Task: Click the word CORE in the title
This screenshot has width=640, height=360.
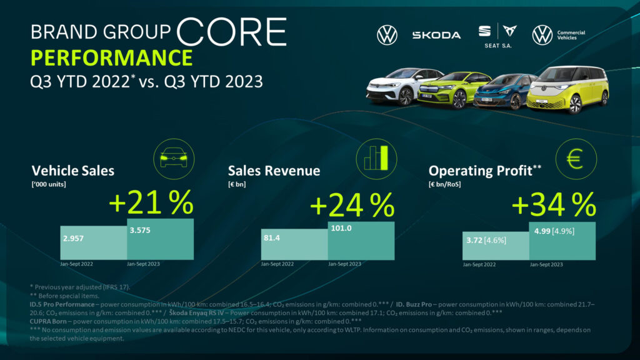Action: tap(232, 31)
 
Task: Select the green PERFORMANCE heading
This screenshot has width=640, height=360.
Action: tap(111, 57)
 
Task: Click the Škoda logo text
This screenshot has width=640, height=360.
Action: tap(436, 35)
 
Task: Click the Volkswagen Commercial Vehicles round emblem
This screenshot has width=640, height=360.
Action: tap(542, 35)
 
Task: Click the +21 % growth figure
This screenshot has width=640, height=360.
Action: tap(150, 204)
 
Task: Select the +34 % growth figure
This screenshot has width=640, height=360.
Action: tap(553, 204)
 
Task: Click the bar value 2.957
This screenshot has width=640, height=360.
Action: tap(74, 238)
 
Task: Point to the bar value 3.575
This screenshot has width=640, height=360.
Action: tap(141, 229)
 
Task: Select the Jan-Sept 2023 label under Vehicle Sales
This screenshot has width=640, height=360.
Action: tap(144, 264)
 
